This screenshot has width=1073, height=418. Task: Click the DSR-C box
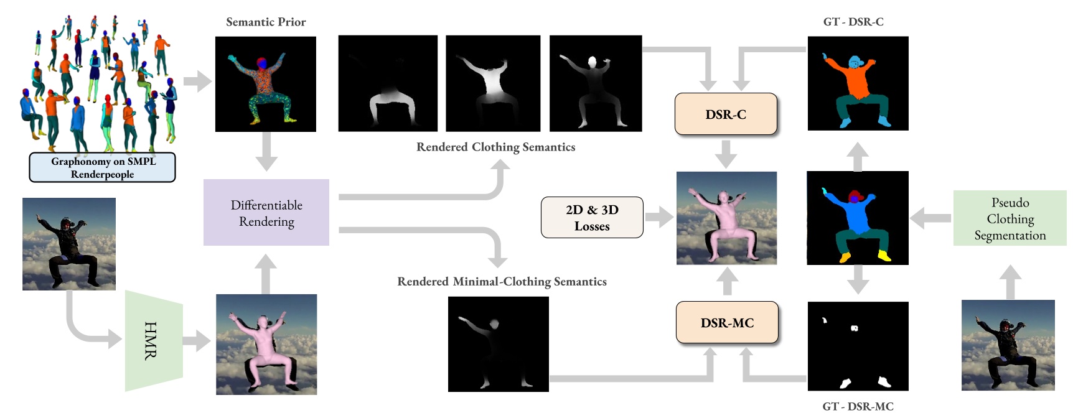tap(726, 114)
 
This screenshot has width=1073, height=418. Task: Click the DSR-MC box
tap(727, 322)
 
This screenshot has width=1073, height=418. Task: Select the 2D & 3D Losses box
tap(592, 218)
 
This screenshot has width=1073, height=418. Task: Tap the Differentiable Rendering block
tap(266, 213)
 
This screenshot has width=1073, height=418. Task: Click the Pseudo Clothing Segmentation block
tap(1010, 218)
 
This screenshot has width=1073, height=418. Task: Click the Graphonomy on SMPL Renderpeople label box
tap(103, 167)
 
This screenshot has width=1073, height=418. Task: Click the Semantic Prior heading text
tap(266, 22)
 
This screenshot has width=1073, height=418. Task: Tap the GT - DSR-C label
tap(853, 22)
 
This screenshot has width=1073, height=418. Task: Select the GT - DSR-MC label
tap(858, 406)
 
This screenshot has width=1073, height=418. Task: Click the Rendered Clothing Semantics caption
tap(495, 147)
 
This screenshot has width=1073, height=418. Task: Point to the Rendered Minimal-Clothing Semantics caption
tap(502, 281)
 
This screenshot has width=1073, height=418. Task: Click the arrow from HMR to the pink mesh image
tap(197, 341)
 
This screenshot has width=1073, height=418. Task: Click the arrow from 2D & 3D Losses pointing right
tap(659, 218)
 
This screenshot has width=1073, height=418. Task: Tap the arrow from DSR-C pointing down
tap(726, 153)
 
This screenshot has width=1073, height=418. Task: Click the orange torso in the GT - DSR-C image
tap(857, 81)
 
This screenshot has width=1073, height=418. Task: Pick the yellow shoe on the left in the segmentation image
tap(845, 256)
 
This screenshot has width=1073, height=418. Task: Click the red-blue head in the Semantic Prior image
tap(262, 63)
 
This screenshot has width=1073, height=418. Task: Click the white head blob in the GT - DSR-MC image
tap(855, 328)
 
